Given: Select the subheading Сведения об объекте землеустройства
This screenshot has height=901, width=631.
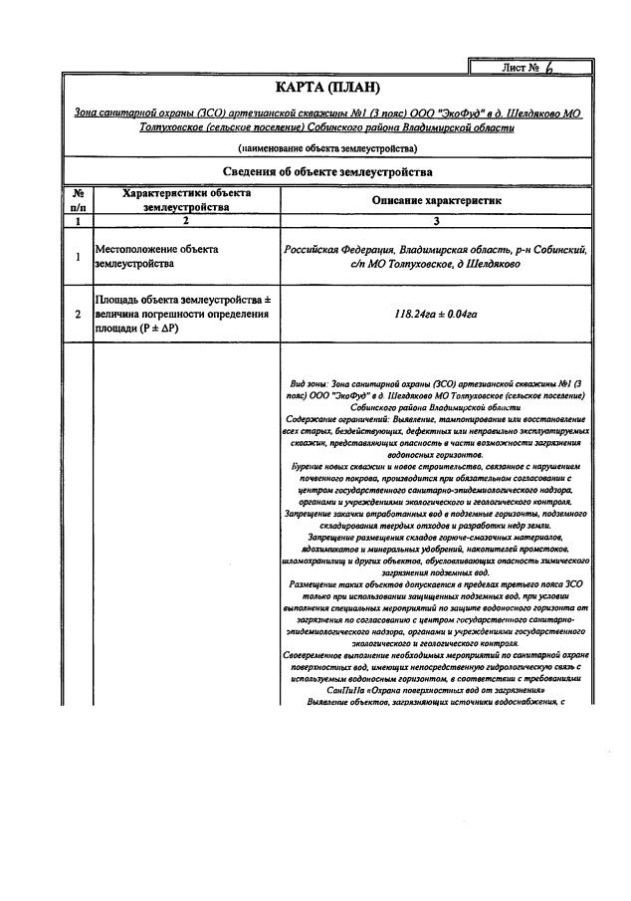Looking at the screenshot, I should coord(327,172).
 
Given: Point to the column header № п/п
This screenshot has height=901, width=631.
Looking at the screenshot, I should coord(78,200).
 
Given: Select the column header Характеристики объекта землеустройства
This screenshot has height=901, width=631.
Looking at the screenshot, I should coord(186,200).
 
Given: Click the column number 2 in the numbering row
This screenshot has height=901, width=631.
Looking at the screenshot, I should coord(186,221).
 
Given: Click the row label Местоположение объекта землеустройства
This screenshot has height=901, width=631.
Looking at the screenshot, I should coord(156,257).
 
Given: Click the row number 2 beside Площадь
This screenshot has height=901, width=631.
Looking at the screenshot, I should coord(78,314).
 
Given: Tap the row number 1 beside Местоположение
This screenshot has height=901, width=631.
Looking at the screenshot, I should coord(78,257).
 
